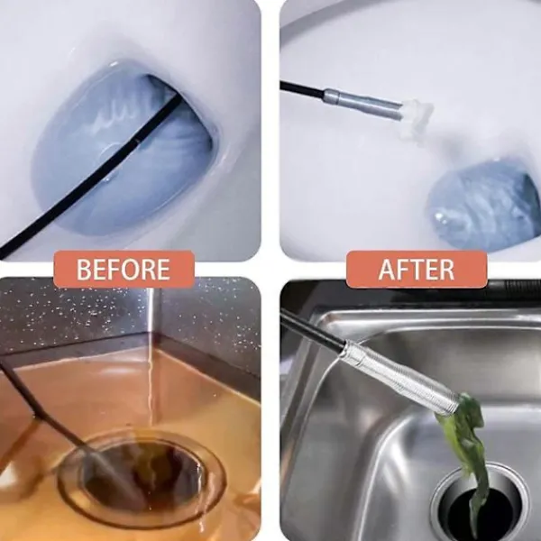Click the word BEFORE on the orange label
(124, 270)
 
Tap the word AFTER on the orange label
(417, 270)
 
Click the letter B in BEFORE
(83, 270)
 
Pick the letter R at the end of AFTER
(447, 270)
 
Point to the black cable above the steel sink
(312, 328)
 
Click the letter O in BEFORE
(137, 270)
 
